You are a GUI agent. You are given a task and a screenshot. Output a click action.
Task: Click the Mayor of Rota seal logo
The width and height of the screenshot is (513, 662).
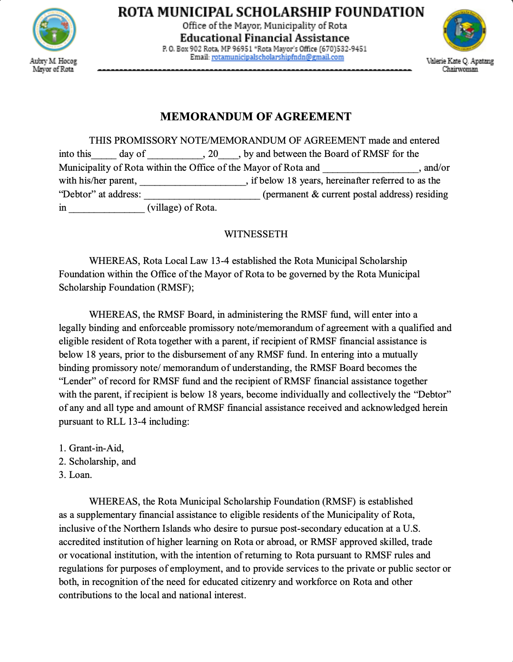pyautogui.click(x=54, y=29)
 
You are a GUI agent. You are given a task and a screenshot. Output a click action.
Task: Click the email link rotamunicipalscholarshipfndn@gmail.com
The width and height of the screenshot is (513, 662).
pyautogui.click(x=277, y=57)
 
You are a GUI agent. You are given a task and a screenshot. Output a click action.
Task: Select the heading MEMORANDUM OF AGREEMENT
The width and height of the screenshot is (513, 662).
pyautogui.click(x=256, y=117)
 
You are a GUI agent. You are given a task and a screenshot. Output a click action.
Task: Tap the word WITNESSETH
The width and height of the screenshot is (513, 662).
pyautogui.click(x=256, y=234)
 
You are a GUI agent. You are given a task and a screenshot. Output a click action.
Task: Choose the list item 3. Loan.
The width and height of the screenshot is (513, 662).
pyautogui.click(x=75, y=475)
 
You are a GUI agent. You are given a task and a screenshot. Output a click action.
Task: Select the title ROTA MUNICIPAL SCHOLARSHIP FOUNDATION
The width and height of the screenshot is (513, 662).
pyautogui.click(x=271, y=12)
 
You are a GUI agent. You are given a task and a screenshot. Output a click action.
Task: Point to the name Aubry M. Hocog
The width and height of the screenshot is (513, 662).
pyautogui.click(x=53, y=61)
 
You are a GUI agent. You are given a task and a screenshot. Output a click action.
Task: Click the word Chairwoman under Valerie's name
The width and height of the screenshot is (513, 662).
pyautogui.click(x=460, y=69)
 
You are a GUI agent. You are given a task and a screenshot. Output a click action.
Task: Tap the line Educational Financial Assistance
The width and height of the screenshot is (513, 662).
pyautogui.click(x=265, y=38)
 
